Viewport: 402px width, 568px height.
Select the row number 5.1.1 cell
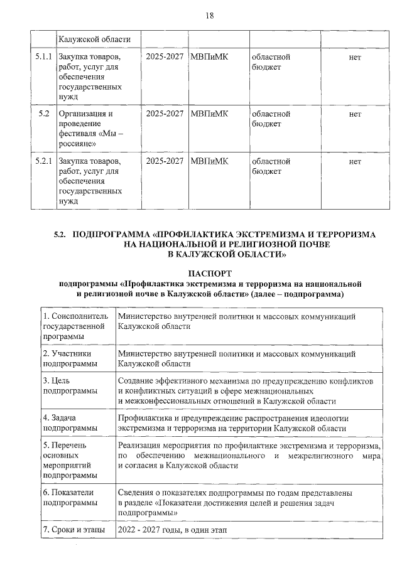[x=43, y=57]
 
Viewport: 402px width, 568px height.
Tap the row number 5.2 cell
[x=43, y=114]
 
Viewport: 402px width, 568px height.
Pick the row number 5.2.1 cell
[x=43, y=161]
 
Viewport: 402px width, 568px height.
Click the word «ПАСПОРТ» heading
[x=210, y=274]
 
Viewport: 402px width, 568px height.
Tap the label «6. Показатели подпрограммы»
[x=70, y=498]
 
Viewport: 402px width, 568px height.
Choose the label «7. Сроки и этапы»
[x=74, y=530]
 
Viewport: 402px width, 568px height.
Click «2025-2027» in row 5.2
[x=164, y=114]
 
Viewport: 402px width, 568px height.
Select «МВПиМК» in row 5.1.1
[x=209, y=57]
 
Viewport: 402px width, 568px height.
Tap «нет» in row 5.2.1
[x=354, y=161]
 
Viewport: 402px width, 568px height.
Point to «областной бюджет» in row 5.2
[x=271, y=119]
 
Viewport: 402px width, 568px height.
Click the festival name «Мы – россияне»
[x=91, y=139]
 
